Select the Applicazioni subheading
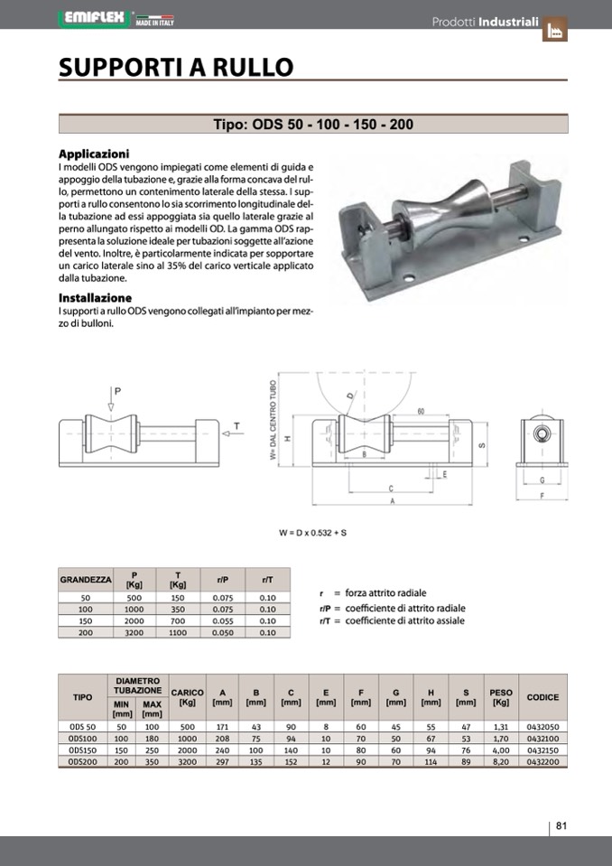point(94,154)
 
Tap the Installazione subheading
point(95,298)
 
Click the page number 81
point(561,825)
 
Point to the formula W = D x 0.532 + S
point(312,533)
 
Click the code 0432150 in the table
point(542,750)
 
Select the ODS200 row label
point(82,762)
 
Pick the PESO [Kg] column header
point(500,697)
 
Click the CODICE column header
point(542,697)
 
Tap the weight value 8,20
point(500,762)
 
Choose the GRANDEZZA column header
point(86,579)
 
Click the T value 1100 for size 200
point(178,632)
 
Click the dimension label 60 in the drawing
point(421,412)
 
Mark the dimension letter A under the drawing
point(391,500)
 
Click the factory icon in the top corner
point(554,30)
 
